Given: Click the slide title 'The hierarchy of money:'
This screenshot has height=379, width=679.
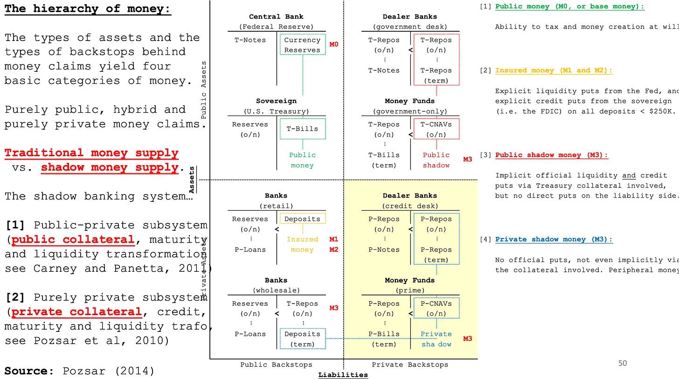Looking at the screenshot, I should (88, 9).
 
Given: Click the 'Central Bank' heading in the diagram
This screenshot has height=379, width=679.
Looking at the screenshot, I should (276, 17).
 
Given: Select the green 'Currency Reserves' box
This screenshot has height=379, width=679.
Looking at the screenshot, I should (302, 45).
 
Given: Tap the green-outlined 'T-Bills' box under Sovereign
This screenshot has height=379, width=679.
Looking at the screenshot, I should (302, 129).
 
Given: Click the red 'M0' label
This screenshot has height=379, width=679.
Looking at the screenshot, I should (334, 45).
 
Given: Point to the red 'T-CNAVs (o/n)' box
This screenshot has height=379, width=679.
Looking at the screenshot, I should (436, 129).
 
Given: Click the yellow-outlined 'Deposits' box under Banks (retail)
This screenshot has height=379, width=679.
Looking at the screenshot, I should (302, 219).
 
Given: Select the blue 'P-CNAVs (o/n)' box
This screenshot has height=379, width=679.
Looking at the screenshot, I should (436, 308).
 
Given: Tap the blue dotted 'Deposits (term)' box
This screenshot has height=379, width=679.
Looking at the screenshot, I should (302, 339).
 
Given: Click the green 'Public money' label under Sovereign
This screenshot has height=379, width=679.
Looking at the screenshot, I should (302, 160).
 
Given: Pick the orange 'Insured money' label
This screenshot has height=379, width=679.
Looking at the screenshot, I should (302, 244).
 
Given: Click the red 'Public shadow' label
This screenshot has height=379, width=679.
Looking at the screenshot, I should (436, 160).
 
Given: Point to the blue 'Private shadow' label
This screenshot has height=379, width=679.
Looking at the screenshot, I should (436, 339).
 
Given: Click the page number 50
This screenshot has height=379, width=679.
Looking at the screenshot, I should (623, 363).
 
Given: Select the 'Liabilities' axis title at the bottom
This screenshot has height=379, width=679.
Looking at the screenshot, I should (343, 375).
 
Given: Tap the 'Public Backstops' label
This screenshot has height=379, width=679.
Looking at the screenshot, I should (276, 365).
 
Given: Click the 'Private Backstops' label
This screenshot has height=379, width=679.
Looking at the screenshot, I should (409, 365).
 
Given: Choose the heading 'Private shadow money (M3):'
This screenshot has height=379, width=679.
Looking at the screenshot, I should (554, 240).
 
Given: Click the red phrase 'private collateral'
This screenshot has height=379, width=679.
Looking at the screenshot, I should (76, 312).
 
